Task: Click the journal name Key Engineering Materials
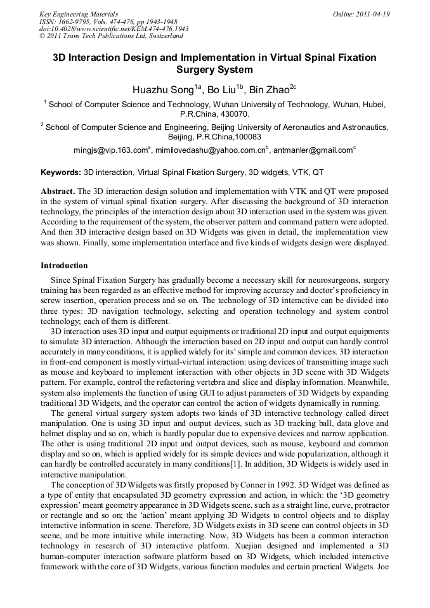[79, 14]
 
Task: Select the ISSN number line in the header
[109, 22]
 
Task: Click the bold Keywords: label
[61, 172]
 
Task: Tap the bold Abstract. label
[58, 191]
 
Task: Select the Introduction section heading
[64, 265]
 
